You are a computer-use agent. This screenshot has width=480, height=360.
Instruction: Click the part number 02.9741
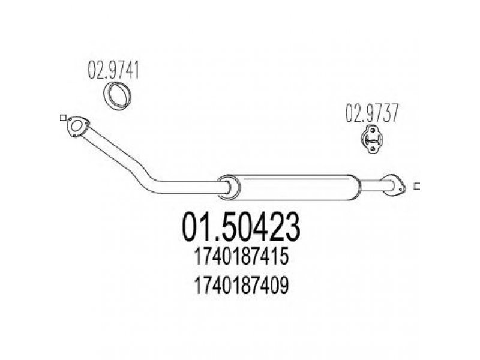click(113, 70)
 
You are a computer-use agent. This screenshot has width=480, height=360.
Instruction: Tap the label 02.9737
click(371, 113)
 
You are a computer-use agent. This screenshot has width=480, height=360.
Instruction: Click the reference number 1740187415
click(241, 257)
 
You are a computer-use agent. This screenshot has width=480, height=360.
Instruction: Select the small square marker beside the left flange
click(63, 118)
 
